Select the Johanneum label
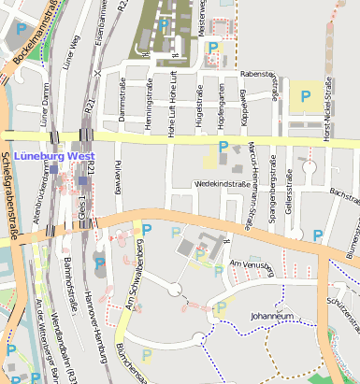tap(273, 316)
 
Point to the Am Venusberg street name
tap(249, 266)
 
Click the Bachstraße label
tap(345, 197)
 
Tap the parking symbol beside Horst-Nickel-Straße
tap(305, 95)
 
